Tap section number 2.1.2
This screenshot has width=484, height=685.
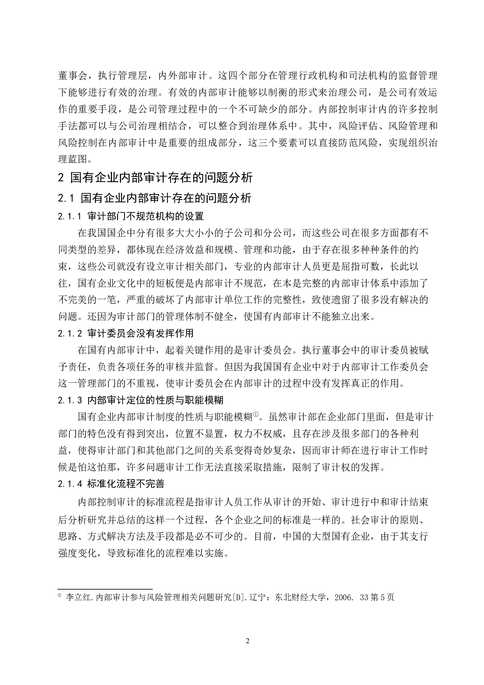point(70,333)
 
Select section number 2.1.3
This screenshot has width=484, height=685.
point(70,400)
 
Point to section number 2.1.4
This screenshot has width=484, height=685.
point(70,484)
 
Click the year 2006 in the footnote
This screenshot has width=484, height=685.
point(344,598)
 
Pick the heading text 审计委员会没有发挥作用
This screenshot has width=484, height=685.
point(140,333)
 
